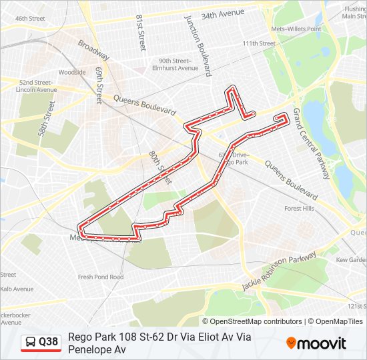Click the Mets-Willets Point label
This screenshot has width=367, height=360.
click(x=296, y=29)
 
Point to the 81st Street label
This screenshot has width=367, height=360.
click(x=141, y=33)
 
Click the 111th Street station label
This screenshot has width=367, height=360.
click(x=259, y=43)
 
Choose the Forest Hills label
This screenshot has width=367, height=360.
click(x=299, y=209)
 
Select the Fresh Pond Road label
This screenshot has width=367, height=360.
click(x=100, y=277)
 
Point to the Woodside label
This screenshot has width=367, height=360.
click(x=72, y=72)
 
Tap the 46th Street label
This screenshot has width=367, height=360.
click(x=30, y=19)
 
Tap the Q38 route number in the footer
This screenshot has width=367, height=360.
click(x=49, y=342)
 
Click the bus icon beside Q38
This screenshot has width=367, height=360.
click(x=31, y=343)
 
